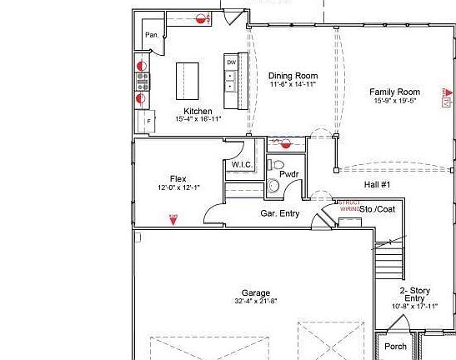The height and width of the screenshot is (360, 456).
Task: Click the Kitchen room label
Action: [x=198, y=111]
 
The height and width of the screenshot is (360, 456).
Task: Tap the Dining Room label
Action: [x=293, y=76]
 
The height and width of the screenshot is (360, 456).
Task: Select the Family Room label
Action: [x=395, y=92]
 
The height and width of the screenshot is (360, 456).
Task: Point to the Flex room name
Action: [x=178, y=179]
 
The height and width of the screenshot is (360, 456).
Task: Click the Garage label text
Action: [x=256, y=292]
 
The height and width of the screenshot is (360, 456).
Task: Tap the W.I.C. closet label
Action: [x=242, y=165]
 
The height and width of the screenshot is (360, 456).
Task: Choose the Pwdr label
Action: [x=289, y=174]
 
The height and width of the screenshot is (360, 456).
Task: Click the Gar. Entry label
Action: [x=279, y=214]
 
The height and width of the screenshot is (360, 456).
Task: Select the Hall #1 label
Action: [x=378, y=185]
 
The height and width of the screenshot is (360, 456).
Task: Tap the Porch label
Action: [x=395, y=347]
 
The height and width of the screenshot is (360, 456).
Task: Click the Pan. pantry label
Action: [x=152, y=35]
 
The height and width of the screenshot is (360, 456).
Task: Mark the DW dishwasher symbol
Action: [x=231, y=62]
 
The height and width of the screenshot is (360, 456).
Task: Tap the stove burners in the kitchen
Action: [x=143, y=81]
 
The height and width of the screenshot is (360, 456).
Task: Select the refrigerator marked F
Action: [x=149, y=121]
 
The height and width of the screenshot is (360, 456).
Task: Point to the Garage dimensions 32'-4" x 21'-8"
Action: [x=256, y=301]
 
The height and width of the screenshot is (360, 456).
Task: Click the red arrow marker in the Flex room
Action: [x=173, y=218]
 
